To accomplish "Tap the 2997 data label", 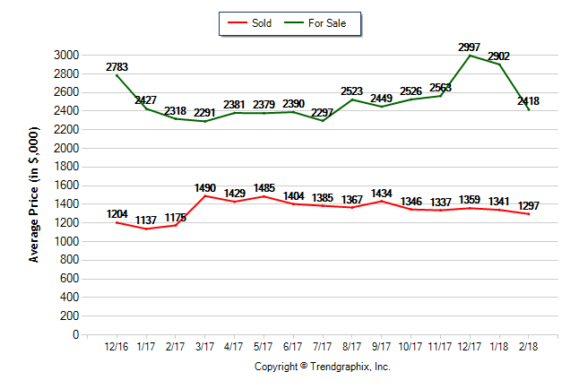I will [469, 47].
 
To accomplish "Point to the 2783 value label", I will [117, 67].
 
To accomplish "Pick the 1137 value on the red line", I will [147, 220].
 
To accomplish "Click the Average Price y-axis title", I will [34, 195].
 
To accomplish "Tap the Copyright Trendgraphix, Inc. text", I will [323, 367].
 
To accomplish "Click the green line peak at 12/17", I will [469, 56].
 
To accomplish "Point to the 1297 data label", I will [528, 205].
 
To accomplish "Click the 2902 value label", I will [498, 56].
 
